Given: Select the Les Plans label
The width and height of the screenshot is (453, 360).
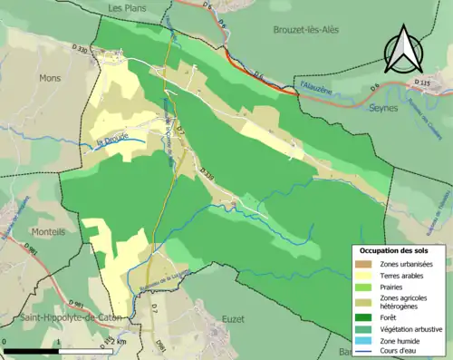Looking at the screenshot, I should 127,7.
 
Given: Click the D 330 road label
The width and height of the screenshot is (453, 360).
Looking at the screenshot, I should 81,49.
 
